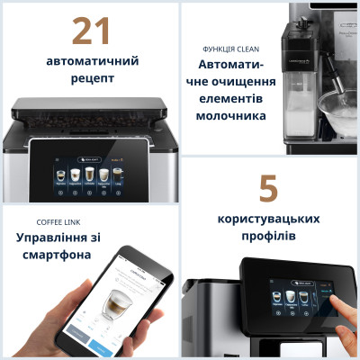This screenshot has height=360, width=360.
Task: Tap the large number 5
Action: coord(268,189)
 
